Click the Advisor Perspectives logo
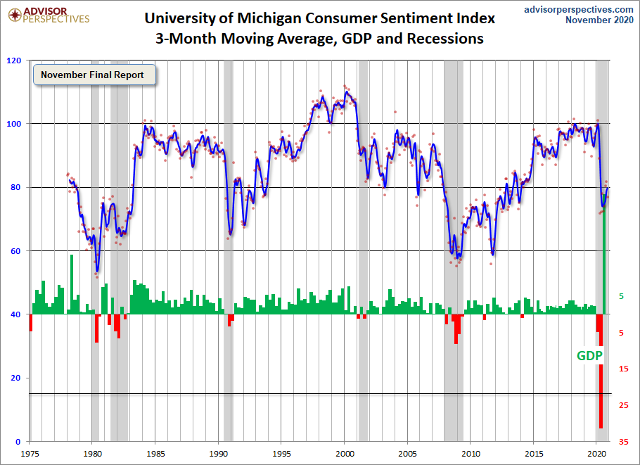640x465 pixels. (46, 15)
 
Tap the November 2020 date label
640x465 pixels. (600, 20)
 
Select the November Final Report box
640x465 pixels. (92, 75)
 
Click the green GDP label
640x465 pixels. (589, 356)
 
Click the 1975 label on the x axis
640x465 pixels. (30, 454)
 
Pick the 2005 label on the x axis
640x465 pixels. (408, 454)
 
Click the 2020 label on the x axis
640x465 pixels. (596, 454)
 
